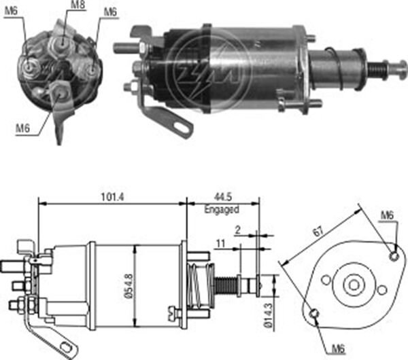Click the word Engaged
[222, 211]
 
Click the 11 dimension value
[222, 242]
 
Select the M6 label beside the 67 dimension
[386, 215]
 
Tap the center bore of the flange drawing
[352, 284]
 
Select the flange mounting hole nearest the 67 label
[393, 256]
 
